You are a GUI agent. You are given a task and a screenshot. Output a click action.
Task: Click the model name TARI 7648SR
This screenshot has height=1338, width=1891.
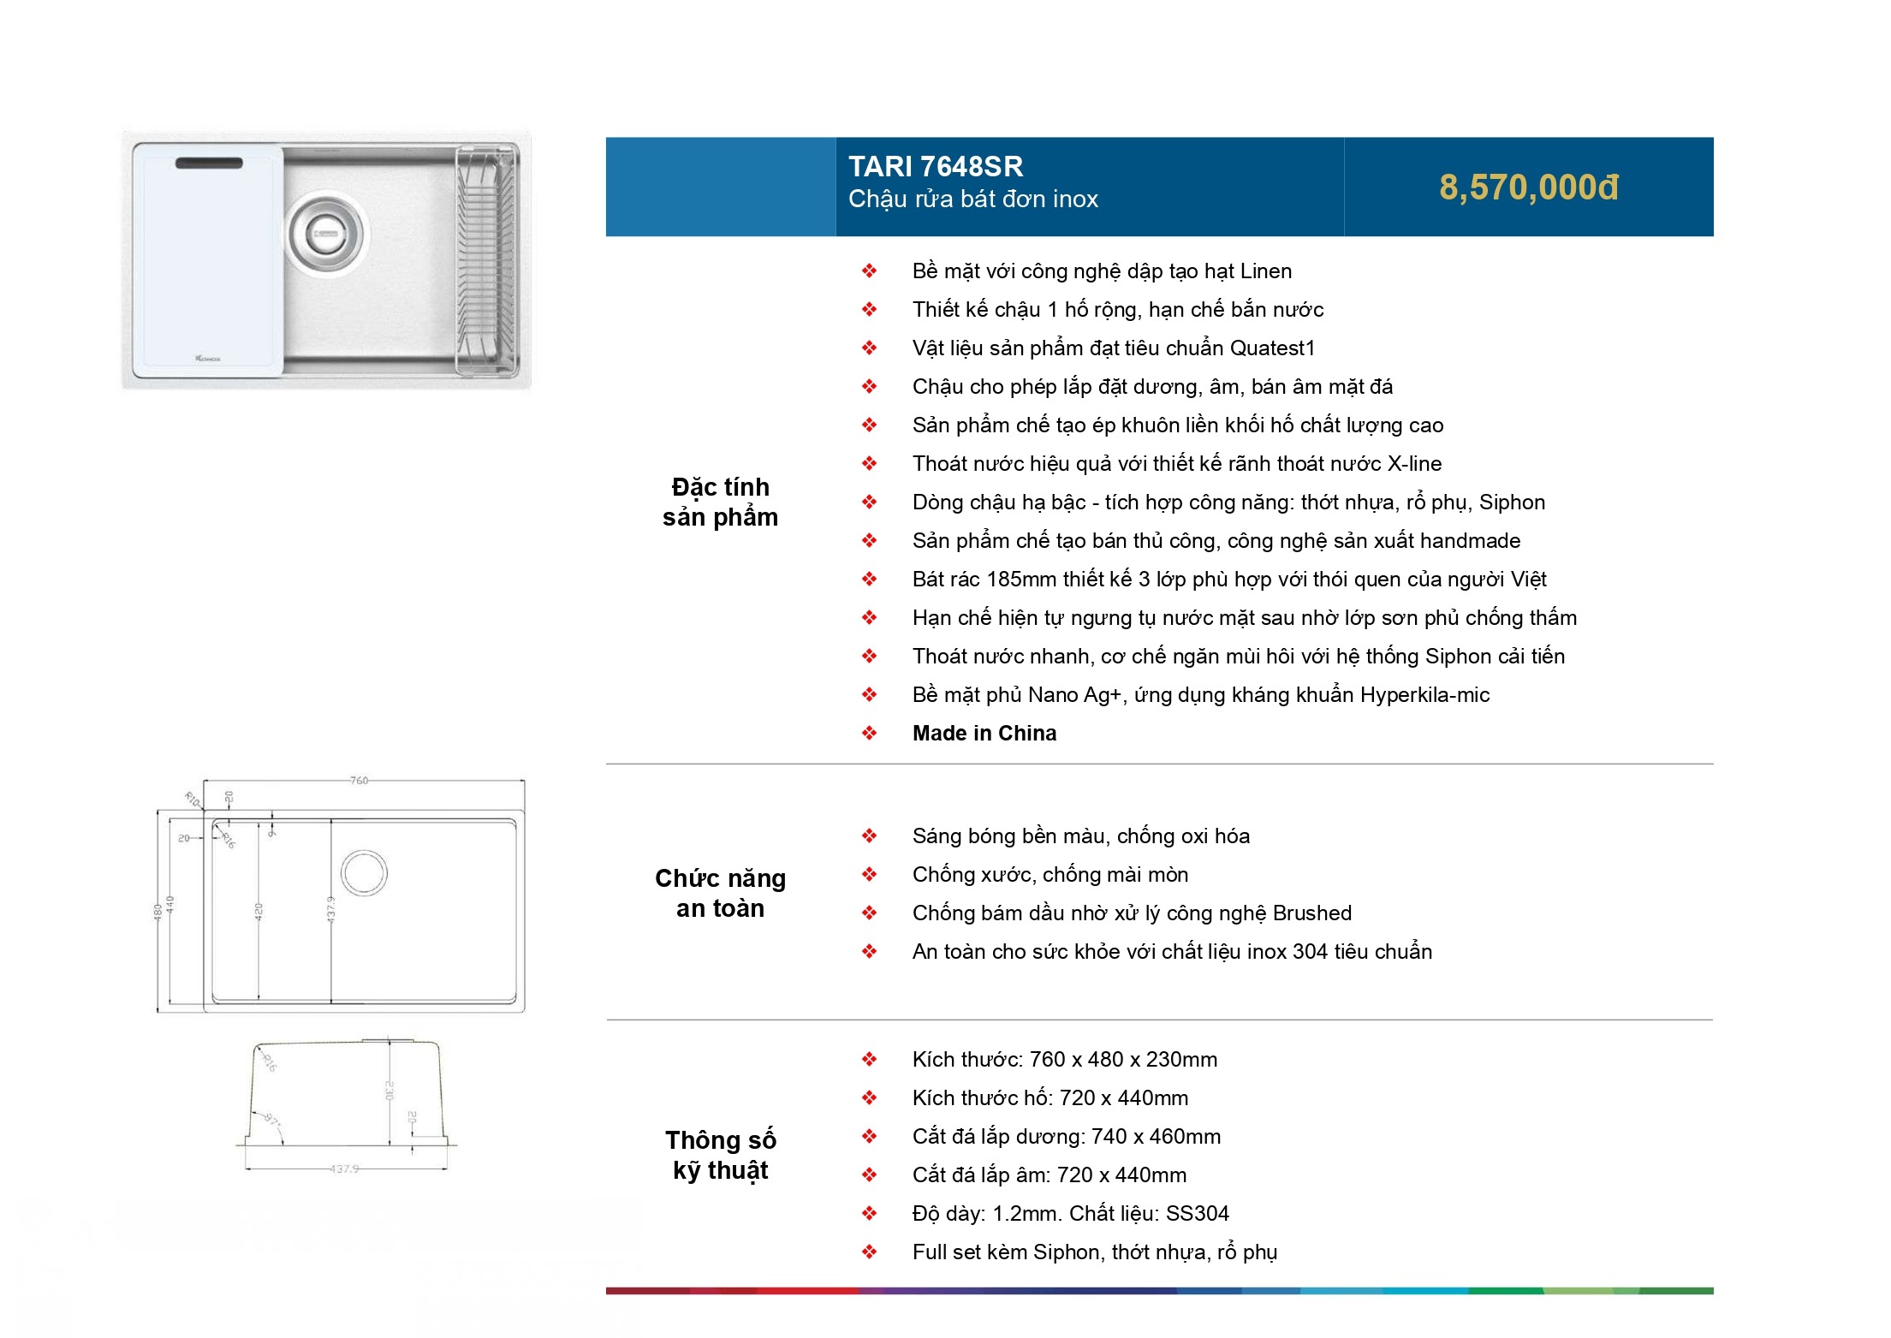coord(935,166)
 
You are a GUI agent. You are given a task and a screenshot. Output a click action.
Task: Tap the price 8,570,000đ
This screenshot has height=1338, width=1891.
coord(1528,187)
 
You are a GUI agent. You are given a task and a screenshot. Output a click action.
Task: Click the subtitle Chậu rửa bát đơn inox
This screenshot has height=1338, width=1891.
coord(972,199)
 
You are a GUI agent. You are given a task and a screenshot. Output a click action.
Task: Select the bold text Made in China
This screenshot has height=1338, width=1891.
coord(984,734)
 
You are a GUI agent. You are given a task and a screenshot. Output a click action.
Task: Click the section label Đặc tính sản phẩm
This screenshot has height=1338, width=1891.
coord(720,502)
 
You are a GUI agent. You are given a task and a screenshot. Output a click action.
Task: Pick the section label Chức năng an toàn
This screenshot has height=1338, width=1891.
coord(720,893)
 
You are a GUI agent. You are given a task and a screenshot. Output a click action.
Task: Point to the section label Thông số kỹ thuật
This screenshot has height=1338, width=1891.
coord(720,1155)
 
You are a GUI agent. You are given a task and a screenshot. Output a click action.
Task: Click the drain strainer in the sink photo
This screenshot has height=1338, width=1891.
coord(325,232)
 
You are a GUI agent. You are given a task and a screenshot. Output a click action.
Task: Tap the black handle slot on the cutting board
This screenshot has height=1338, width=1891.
coord(209,163)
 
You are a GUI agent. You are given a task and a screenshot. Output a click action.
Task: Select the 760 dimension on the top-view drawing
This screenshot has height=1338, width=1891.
coord(359,780)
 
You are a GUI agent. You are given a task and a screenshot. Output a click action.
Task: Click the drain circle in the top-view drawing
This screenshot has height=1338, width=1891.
coord(364,873)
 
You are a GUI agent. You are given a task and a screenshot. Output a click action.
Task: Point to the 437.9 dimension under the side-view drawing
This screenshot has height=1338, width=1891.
coord(344,1169)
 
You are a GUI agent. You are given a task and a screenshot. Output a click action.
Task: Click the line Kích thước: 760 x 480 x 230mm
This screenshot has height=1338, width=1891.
coord(1064,1060)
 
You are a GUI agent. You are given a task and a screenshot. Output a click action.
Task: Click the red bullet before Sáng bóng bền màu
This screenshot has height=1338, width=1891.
coord(869,836)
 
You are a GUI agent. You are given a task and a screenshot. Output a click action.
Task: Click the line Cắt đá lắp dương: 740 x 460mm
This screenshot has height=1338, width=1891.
coord(1066,1137)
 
